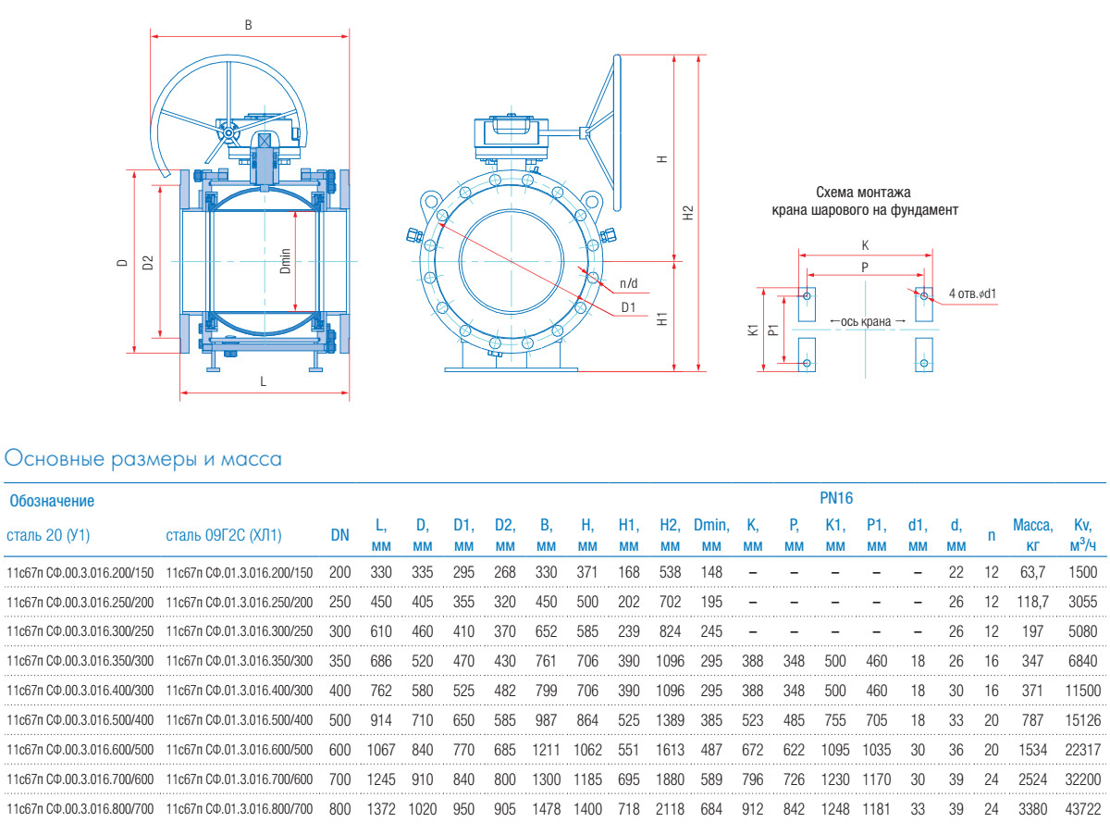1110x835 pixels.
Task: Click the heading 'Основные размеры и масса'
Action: (x=143, y=459)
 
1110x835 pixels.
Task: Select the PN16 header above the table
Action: (x=836, y=498)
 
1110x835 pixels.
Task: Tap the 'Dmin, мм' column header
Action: (x=711, y=535)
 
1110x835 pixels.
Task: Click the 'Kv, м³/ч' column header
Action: (x=1083, y=535)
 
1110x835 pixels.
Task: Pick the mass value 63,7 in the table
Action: (x=1032, y=573)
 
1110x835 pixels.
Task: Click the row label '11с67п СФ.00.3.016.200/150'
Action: (x=80, y=573)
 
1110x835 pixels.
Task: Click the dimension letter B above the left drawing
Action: (x=248, y=25)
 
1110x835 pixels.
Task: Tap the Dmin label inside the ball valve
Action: (x=286, y=260)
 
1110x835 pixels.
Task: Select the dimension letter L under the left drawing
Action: (x=263, y=380)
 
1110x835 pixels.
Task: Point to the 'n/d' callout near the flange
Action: (x=629, y=281)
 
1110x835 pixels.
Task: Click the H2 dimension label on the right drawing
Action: (x=686, y=212)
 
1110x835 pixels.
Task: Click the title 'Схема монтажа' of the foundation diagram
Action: (x=864, y=193)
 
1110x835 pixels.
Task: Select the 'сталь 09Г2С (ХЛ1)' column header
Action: (x=223, y=535)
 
